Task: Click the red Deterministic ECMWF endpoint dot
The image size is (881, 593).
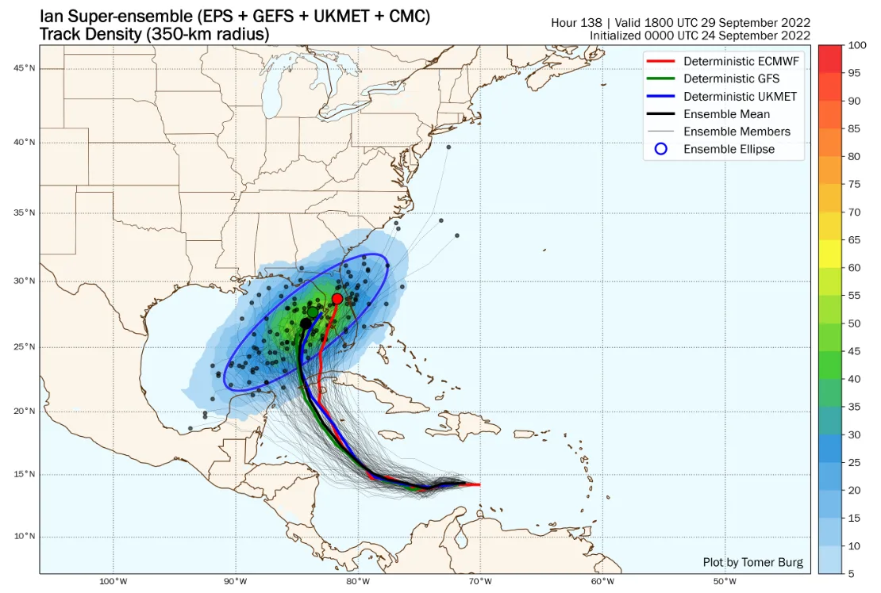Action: [x=337, y=299]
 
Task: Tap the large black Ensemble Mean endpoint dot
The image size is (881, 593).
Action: [x=306, y=323]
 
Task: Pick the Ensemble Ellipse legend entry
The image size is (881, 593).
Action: [x=729, y=149]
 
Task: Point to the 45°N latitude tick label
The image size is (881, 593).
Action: [x=24, y=68]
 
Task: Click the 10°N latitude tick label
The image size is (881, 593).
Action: [x=24, y=536]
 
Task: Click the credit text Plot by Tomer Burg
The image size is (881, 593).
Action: [x=752, y=562]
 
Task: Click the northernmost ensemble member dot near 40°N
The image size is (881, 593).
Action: [x=448, y=147]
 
